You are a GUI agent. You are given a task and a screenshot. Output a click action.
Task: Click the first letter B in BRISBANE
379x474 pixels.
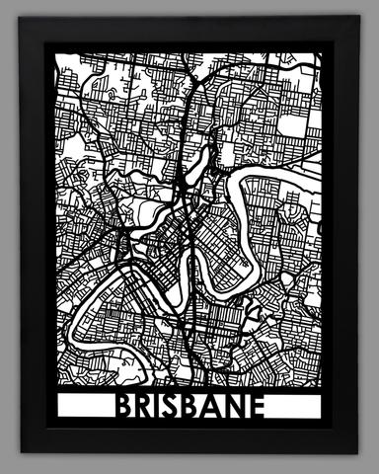pos(125,406)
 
